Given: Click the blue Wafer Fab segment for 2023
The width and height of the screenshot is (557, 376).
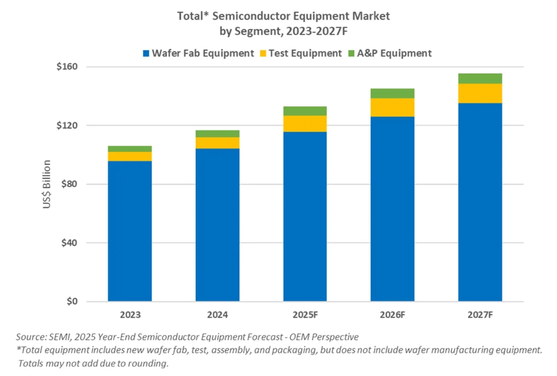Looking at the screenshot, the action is pyautogui.click(x=130, y=231).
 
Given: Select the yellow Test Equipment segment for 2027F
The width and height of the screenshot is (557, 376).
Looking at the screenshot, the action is pyautogui.click(x=480, y=93).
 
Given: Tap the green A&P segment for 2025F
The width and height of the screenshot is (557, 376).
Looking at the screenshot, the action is pyautogui.click(x=305, y=111).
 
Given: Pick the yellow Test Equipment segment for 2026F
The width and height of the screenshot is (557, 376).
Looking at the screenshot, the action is pyautogui.click(x=392, y=107).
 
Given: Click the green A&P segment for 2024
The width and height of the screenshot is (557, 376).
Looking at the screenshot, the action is pyautogui.click(x=217, y=134).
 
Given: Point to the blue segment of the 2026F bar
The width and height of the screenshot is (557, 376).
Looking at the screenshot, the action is pyautogui.click(x=392, y=209).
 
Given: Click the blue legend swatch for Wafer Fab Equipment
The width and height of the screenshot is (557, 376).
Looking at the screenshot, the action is pyautogui.click(x=146, y=54).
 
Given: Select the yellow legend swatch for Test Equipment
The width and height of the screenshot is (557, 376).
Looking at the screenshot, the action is pyautogui.click(x=263, y=54).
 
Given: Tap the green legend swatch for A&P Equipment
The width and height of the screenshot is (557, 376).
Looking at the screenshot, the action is pyautogui.click(x=351, y=54).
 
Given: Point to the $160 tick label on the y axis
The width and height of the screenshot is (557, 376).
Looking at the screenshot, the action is pyautogui.click(x=67, y=66).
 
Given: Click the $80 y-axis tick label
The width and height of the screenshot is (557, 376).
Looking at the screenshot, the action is pyautogui.click(x=69, y=184).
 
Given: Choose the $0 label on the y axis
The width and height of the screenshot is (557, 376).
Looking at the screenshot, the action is pyautogui.click(x=72, y=302).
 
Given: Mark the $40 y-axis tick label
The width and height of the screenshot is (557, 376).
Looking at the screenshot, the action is pyautogui.click(x=69, y=243).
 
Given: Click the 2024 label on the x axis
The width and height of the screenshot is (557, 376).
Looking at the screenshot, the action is pyautogui.click(x=217, y=315).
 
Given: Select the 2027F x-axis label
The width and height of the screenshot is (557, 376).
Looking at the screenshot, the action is pyautogui.click(x=480, y=315).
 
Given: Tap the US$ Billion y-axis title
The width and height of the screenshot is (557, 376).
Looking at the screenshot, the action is pyautogui.click(x=46, y=184).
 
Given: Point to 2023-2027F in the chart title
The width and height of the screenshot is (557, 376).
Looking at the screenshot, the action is pyautogui.click(x=317, y=31).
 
